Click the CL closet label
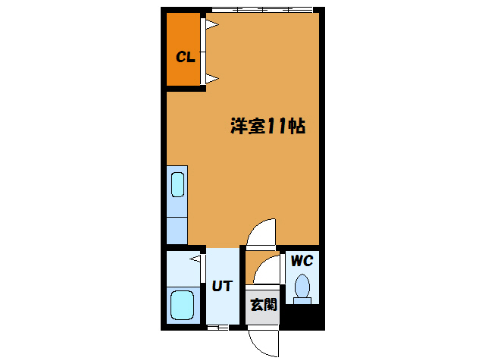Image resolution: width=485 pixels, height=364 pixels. click(186, 56)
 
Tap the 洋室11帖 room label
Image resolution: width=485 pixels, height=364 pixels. click(268, 127)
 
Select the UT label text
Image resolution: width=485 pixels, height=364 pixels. click(221, 286)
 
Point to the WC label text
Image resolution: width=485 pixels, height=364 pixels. click(302, 261)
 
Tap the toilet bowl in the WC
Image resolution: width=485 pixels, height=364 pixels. click(302, 286)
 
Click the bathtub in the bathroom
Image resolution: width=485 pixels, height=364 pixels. click(182, 306)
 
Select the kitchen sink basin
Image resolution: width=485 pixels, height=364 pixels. click(177, 185)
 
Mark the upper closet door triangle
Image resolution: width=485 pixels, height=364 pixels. click(212, 27)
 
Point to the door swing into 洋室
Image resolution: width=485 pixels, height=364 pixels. click(264, 233)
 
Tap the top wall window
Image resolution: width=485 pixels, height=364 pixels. click(261, 10)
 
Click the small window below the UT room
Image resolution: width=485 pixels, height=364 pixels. click(217, 328)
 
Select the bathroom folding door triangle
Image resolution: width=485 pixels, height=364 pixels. click(196, 260)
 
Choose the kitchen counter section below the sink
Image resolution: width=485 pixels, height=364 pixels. click(177, 229)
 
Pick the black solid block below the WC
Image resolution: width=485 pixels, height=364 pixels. click(302, 317)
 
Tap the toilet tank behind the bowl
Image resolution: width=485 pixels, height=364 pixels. click(302, 300)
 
